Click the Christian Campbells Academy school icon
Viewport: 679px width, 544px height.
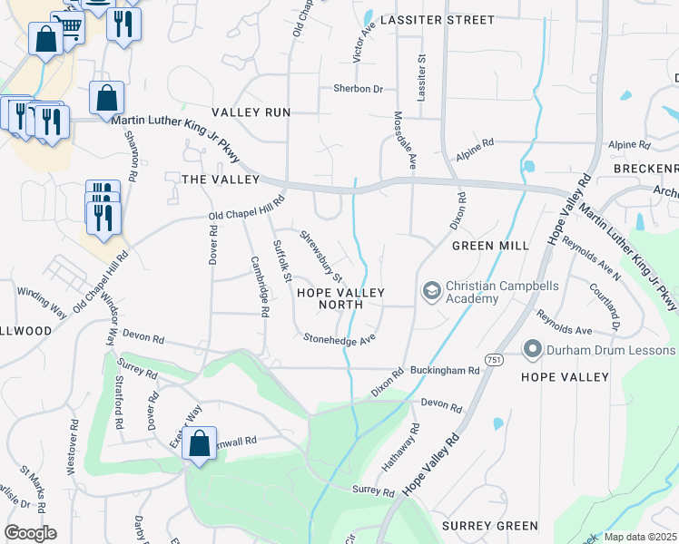click(x=431, y=291)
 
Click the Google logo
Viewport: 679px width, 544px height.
click(x=30, y=533)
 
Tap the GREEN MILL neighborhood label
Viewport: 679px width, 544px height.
click(x=490, y=246)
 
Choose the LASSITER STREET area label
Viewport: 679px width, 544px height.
click(x=438, y=19)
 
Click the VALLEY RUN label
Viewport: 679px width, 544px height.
click(x=251, y=112)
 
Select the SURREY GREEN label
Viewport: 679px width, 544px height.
click(x=490, y=526)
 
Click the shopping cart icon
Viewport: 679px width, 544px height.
click(x=67, y=27)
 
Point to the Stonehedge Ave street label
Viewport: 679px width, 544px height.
click(x=339, y=338)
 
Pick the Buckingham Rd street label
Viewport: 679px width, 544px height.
click(x=443, y=370)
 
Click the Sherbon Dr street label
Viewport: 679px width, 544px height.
click(x=357, y=89)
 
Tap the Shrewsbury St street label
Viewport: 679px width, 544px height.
click(x=321, y=257)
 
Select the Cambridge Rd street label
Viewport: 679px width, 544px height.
click(x=259, y=286)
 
